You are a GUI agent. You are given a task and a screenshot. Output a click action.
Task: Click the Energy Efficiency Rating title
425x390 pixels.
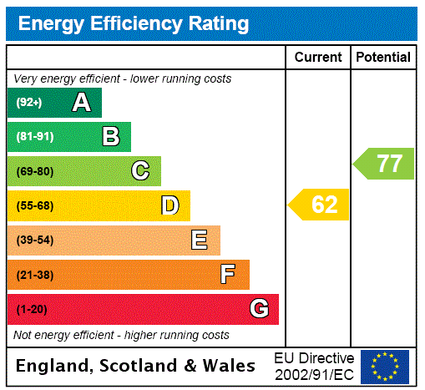tap(134, 24)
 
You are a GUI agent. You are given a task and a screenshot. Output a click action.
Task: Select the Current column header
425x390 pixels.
tap(318, 58)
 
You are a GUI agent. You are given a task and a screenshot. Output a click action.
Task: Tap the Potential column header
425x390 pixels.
tap(383, 58)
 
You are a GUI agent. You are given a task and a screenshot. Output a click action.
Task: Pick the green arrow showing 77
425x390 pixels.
tap(385, 163)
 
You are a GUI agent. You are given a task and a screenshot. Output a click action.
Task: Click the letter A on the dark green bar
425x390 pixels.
tap(81, 103)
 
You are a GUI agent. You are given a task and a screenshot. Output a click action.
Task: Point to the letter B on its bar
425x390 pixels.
tap(110, 137)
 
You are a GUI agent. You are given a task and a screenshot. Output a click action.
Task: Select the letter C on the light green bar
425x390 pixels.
tap(140, 171)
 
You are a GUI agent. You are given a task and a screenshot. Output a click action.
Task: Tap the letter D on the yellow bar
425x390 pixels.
tap(169, 205)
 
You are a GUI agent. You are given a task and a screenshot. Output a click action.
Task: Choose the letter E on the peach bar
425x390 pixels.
tap(200, 241)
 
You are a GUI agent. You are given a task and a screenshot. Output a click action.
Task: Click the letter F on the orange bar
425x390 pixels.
tap(228, 275)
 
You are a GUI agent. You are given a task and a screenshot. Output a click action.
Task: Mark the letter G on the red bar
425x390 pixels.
tap(259, 310)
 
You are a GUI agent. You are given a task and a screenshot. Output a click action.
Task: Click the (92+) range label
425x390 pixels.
tap(28, 104)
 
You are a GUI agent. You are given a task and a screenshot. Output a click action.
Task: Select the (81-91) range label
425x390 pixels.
tap(34, 137)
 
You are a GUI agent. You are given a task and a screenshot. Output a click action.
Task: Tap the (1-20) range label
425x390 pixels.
tap(32, 310)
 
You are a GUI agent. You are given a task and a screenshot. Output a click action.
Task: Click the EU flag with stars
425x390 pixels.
tap(385, 366)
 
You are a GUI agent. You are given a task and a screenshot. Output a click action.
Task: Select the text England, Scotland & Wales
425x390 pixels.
tap(136, 366)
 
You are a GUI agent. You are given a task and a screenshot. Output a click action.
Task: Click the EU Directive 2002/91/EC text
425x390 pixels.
tap(314, 366)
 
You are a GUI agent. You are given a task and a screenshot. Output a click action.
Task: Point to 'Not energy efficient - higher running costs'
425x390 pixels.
tap(122, 335)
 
